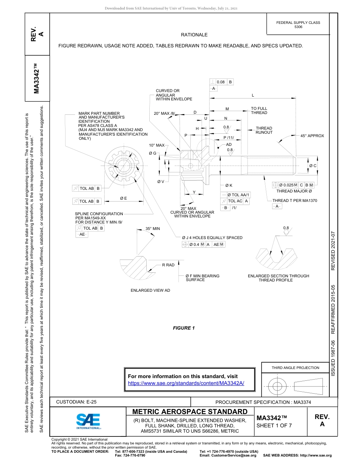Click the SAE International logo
pyautogui.click(x=88, y=421)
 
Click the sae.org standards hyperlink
pyautogui.click(x=186, y=383)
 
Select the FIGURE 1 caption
pyautogui.click(x=184, y=328)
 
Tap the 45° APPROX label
pyautogui.click(x=312, y=136)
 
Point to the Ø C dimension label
pyautogui.click(x=313, y=166)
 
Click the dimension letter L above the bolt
pyautogui.click(x=253, y=95)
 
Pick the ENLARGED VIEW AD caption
pyautogui.click(x=150, y=290)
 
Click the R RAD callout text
pyautogui.click(x=168, y=265)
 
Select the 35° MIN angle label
pyautogui.click(x=153, y=229)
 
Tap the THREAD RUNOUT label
pyautogui.click(x=264, y=130)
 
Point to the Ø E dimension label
pyautogui.click(x=124, y=198)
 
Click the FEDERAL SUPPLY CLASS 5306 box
pyautogui.click(x=298, y=25)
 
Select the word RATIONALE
pyautogui.click(x=194, y=35)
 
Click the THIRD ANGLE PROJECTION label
pyautogui.click(x=295, y=367)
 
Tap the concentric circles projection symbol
pyautogui.click(x=277, y=385)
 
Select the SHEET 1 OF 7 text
pyautogui.click(x=274, y=425)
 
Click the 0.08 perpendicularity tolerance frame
pyautogui.click(x=222, y=82)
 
